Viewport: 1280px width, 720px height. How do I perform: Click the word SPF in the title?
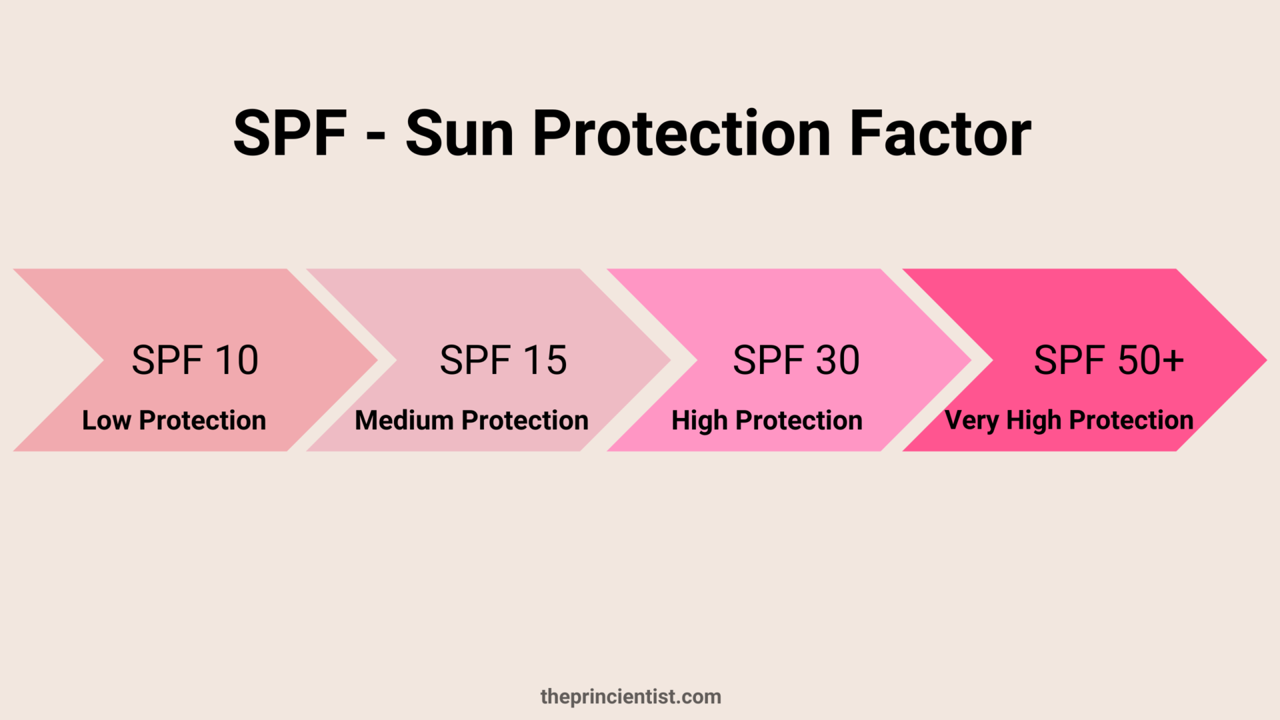[291, 133]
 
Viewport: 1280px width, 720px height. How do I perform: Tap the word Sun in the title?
[460, 133]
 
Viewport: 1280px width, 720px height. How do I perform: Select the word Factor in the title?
[940, 133]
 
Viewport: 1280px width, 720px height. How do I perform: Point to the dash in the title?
[376, 137]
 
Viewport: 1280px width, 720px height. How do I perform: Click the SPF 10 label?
[195, 361]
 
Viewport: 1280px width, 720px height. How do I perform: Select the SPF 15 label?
[503, 361]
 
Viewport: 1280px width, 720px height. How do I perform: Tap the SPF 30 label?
[796, 361]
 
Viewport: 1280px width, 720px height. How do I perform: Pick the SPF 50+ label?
[1109, 361]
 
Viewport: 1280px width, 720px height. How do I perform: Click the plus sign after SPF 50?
[1169, 361]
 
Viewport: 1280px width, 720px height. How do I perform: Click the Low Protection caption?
[174, 421]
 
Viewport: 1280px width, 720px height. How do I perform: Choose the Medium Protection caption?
[471, 421]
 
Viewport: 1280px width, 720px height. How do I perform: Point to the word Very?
[971, 421]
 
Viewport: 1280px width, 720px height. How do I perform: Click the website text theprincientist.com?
[631, 697]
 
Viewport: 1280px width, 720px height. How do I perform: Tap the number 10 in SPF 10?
[237, 361]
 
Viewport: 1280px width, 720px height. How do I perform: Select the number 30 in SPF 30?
[837, 361]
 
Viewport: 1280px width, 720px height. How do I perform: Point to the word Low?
[106, 421]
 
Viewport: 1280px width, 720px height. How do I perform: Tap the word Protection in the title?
[681, 133]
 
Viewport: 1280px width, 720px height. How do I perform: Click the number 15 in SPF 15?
[545, 361]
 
